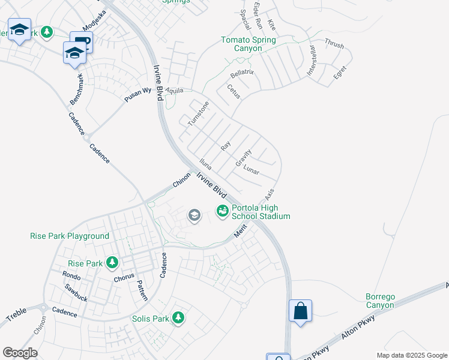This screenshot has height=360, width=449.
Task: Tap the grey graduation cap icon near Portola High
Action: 194,215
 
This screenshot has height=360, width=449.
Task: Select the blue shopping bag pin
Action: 300,311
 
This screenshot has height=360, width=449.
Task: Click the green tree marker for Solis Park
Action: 178,317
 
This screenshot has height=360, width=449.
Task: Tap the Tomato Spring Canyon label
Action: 249,44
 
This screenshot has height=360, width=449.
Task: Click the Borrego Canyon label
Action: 380,301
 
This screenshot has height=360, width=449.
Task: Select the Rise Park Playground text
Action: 70,236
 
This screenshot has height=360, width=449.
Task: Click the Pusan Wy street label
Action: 138,95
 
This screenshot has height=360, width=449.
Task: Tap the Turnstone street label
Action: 198,113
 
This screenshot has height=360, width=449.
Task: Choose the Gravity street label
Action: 243,158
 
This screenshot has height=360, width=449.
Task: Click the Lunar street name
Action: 251,170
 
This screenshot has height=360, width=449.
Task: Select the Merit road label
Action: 240,233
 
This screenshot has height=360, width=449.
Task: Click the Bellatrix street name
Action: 243,75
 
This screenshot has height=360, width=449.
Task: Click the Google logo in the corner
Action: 20,353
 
